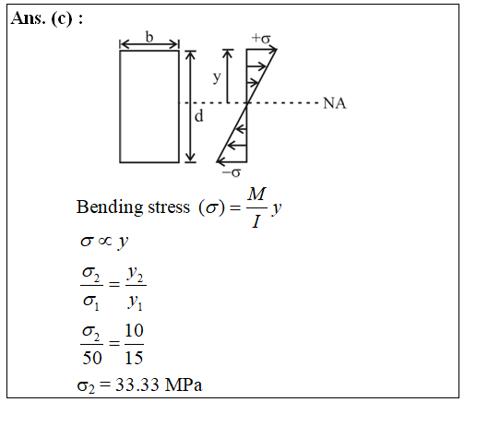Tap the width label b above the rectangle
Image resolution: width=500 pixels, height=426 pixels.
149,37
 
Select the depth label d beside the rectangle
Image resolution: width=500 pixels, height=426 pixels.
198,116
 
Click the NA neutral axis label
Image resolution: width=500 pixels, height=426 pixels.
335,103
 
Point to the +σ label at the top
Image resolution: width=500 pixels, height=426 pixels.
261,39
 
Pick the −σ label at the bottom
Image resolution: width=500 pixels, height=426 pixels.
232,172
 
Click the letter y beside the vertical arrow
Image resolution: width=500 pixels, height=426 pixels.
217,77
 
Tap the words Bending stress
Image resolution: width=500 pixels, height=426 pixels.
133,207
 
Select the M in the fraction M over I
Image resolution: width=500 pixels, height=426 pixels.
256,194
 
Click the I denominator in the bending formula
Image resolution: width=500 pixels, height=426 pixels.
256,221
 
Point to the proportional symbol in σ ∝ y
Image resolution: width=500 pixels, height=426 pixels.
105,241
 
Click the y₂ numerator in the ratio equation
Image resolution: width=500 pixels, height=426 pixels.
136,275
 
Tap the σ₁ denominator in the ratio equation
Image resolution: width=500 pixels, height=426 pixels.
91,302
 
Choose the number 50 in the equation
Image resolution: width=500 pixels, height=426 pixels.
92,358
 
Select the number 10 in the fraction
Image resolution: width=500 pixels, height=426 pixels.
134,330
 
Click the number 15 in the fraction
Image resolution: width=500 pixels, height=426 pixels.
134,358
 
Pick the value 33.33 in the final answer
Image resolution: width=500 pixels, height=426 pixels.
137,385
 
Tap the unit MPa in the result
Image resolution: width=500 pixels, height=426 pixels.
184,385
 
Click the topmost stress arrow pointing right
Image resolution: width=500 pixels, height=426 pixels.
261,50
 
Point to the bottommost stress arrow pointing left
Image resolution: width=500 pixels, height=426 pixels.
232,162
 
